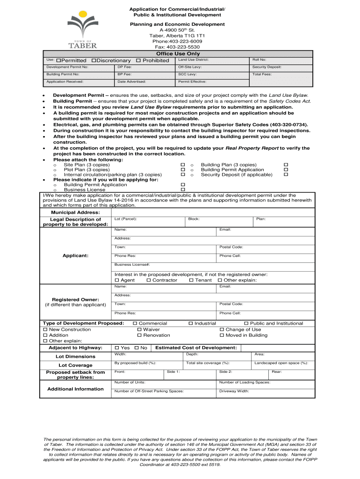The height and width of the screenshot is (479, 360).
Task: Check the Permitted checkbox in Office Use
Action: (x=58, y=61)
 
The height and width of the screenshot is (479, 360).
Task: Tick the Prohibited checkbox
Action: (x=138, y=61)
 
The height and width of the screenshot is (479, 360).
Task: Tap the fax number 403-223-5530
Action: (x=177, y=47)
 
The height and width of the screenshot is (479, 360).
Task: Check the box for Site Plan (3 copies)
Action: (x=183, y=165)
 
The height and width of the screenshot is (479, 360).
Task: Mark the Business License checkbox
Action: (x=183, y=190)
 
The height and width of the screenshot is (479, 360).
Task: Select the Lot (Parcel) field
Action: (x=148, y=221)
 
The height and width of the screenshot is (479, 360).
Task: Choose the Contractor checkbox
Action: (x=149, y=280)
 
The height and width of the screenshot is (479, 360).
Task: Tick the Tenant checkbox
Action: (x=191, y=280)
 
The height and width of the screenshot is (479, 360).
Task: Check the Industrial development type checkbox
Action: (x=191, y=323)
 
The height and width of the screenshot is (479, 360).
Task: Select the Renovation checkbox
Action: (x=139, y=335)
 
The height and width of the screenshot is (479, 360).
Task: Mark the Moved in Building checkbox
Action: (x=222, y=335)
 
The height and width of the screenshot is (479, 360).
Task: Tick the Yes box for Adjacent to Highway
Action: (x=117, y=348)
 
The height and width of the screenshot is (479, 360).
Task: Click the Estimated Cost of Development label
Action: (x=196, y=348)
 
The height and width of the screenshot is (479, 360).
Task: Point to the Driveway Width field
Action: (x=265, y=393)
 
